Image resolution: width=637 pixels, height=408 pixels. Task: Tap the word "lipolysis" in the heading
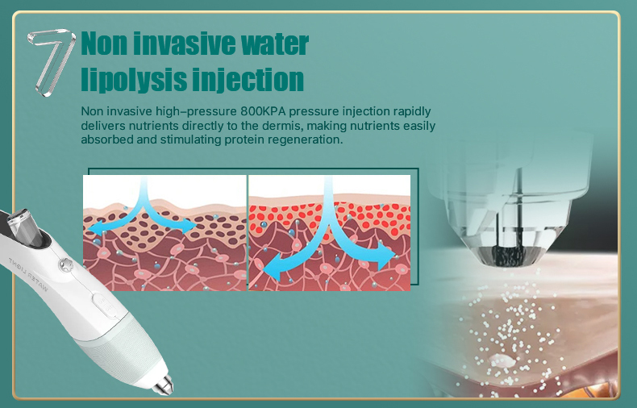tap(133, 79)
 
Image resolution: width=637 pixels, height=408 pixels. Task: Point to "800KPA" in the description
tap(263, 111)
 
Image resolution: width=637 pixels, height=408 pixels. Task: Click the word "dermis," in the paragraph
tap(282, 126)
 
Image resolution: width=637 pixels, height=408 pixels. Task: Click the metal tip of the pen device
tap(164, 385)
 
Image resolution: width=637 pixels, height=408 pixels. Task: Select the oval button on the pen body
tap(103, 305)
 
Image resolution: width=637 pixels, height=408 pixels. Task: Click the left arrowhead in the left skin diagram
tap(96, 228)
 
